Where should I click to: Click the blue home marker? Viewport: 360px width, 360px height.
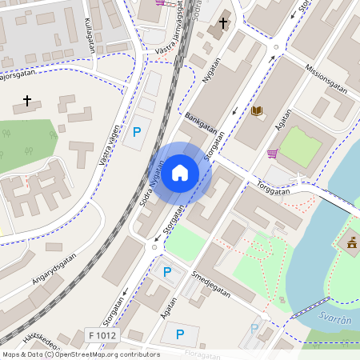click(180, 172)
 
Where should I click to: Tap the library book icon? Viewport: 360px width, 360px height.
click(256, 111)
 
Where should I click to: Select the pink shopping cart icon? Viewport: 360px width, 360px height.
click(273, 154)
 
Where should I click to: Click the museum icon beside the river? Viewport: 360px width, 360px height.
click(350, 242)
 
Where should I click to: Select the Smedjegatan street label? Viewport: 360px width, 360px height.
click(211, 282)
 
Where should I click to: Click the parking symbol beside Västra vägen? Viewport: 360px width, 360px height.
click(136, 131)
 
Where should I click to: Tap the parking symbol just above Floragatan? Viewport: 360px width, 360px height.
click(180, 334)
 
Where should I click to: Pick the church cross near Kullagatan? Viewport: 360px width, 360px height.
click(28, 101)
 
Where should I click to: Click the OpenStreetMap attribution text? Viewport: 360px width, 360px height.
click(80, 354)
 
